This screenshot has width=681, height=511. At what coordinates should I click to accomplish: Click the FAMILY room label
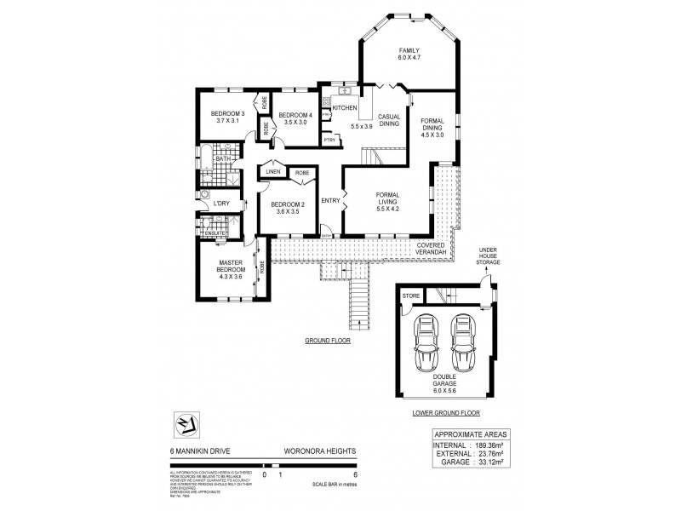(409, 51)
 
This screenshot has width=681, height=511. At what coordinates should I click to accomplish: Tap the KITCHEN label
(345, 108)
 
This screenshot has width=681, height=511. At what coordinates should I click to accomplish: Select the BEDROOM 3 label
(227, 115)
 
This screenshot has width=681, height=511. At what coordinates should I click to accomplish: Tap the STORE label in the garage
(410, 296)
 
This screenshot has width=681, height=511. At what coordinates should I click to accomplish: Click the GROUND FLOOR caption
(327, 340)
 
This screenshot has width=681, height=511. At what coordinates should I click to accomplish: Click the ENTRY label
(330, 201)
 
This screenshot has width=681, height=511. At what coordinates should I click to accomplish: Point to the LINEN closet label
(272, 172)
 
